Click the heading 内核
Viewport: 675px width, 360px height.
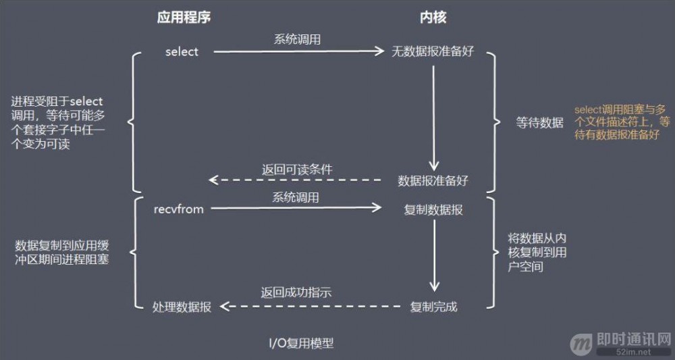pos(433,18)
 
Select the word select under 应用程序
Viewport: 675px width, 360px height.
pos(182,52)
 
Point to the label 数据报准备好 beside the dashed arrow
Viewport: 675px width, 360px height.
pos(433,180)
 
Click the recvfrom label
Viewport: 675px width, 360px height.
pos(179,209)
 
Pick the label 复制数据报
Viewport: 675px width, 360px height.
pos(433,209)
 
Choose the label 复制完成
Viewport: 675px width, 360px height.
pos(433,307)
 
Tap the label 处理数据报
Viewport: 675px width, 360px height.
pos(182,307)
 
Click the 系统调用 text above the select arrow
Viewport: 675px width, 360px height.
pos(297,39)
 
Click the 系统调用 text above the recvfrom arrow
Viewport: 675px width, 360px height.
pos(296,197)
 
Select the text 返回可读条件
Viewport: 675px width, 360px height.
pos(297,169)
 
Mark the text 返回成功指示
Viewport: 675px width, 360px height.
pos(296,293)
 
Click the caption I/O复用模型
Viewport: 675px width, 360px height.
pos(300,343)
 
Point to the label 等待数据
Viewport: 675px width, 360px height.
pos(539,123)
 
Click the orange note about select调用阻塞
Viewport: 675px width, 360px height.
pos(622,122)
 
